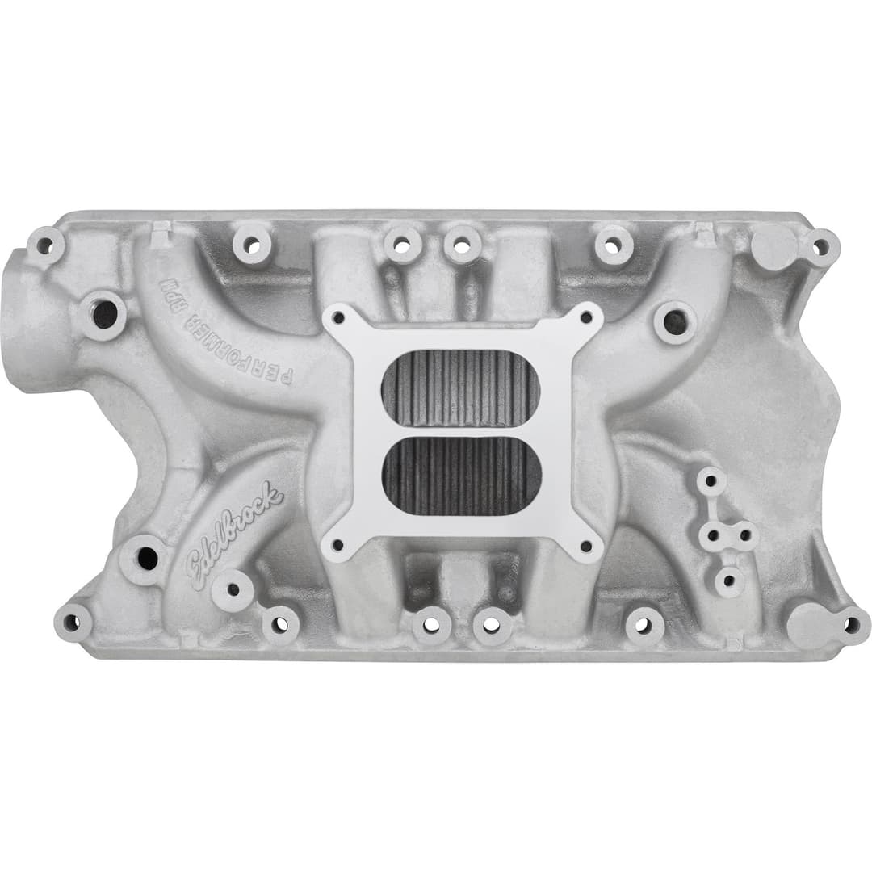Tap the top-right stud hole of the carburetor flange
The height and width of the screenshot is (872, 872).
click(x=586, y=317)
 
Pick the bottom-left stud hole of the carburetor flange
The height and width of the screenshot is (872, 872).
click(x=338, y=546)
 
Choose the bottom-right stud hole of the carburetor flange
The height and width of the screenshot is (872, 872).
click(x=587, y=546)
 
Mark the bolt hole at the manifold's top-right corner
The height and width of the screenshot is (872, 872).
click(x=820, y=246)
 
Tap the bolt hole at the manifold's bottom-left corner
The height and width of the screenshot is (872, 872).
click(x=72, y=623)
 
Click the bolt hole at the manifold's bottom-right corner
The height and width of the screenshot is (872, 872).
click(x=852, y=624)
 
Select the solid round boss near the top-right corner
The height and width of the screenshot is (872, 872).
click(x=773, y=246)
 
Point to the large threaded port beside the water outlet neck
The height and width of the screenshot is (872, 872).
click(x=104, y=314)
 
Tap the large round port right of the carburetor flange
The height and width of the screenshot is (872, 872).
click(x=675, y=322)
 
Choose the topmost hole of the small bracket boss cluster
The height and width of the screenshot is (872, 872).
click(x=711, y=481)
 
